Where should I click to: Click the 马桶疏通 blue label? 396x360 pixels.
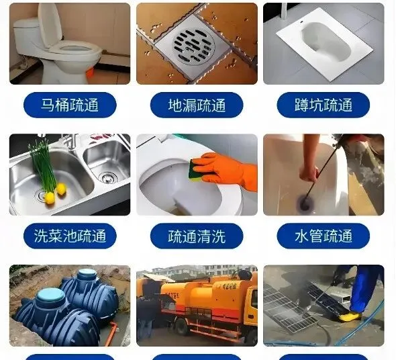(70, 105)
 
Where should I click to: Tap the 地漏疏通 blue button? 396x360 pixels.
(197, 105)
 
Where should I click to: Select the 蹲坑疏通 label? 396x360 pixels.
(324, 105)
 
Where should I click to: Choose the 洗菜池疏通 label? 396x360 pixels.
(70, 236)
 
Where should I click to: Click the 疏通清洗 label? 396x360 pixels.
(197, 236)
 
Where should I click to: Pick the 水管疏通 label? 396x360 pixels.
(324, 236)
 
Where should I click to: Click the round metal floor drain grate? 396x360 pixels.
(194, 46)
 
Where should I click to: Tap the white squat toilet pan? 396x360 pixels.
(325, 45)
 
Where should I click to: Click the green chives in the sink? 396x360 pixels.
(42, 165)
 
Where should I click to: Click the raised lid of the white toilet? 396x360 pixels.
(50, 25)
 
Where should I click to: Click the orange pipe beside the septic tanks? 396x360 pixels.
(111, 333)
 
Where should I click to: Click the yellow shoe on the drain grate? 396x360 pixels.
(350, 316)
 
